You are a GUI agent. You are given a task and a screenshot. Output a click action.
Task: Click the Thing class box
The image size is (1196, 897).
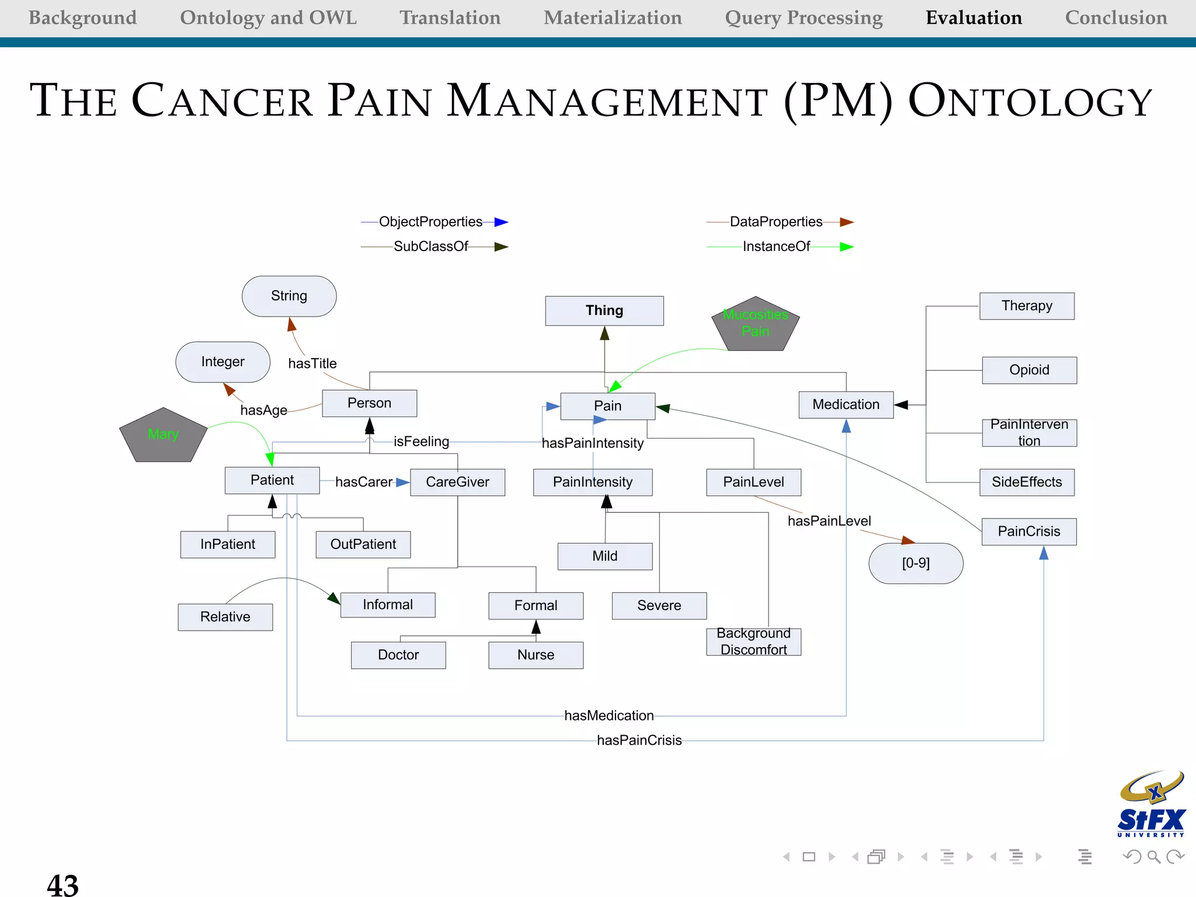(x=604, y=311)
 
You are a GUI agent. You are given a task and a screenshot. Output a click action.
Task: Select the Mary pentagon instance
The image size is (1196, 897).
(x=163, y=435)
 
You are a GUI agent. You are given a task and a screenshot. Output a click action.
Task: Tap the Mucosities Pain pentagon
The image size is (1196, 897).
(x=755, y=324)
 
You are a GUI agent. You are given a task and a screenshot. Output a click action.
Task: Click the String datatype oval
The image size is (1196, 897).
(x=289, y=296)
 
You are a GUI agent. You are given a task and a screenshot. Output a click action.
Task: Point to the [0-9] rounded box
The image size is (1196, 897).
(x=915, y=564)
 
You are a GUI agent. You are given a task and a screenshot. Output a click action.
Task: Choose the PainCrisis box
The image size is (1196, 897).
(x=1028, y=531)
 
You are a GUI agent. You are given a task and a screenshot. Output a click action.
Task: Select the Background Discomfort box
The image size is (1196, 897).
(x=753, y=642)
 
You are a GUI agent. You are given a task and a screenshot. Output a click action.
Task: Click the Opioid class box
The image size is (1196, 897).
(x=1029, y=370)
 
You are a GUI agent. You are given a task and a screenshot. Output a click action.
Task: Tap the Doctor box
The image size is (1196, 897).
(x=398, y=655)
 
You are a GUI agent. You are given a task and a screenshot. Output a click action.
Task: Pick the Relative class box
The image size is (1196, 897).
(x=225, y=617)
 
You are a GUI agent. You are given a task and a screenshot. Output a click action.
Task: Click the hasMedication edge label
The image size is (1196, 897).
(x=609, y=716)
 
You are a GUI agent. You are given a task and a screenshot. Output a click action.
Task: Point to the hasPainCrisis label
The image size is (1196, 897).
(x=639, y=740)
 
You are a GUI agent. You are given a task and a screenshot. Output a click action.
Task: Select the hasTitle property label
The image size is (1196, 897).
(x=312, y=364)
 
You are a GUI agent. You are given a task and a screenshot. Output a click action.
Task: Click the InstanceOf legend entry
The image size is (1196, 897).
(x=776, y=246)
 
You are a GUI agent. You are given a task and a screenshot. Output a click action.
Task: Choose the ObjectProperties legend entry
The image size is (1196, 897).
(x=430, y=222)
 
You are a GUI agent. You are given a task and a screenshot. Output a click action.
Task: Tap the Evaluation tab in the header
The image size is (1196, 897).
(x=974, y=18)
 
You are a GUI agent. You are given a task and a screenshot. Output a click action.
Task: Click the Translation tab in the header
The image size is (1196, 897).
(x=450, y=18)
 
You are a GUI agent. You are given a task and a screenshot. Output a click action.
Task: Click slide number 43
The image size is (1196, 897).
(x=62, y=885)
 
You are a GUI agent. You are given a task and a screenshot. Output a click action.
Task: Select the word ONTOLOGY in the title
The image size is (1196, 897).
(x=1030, y=102)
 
